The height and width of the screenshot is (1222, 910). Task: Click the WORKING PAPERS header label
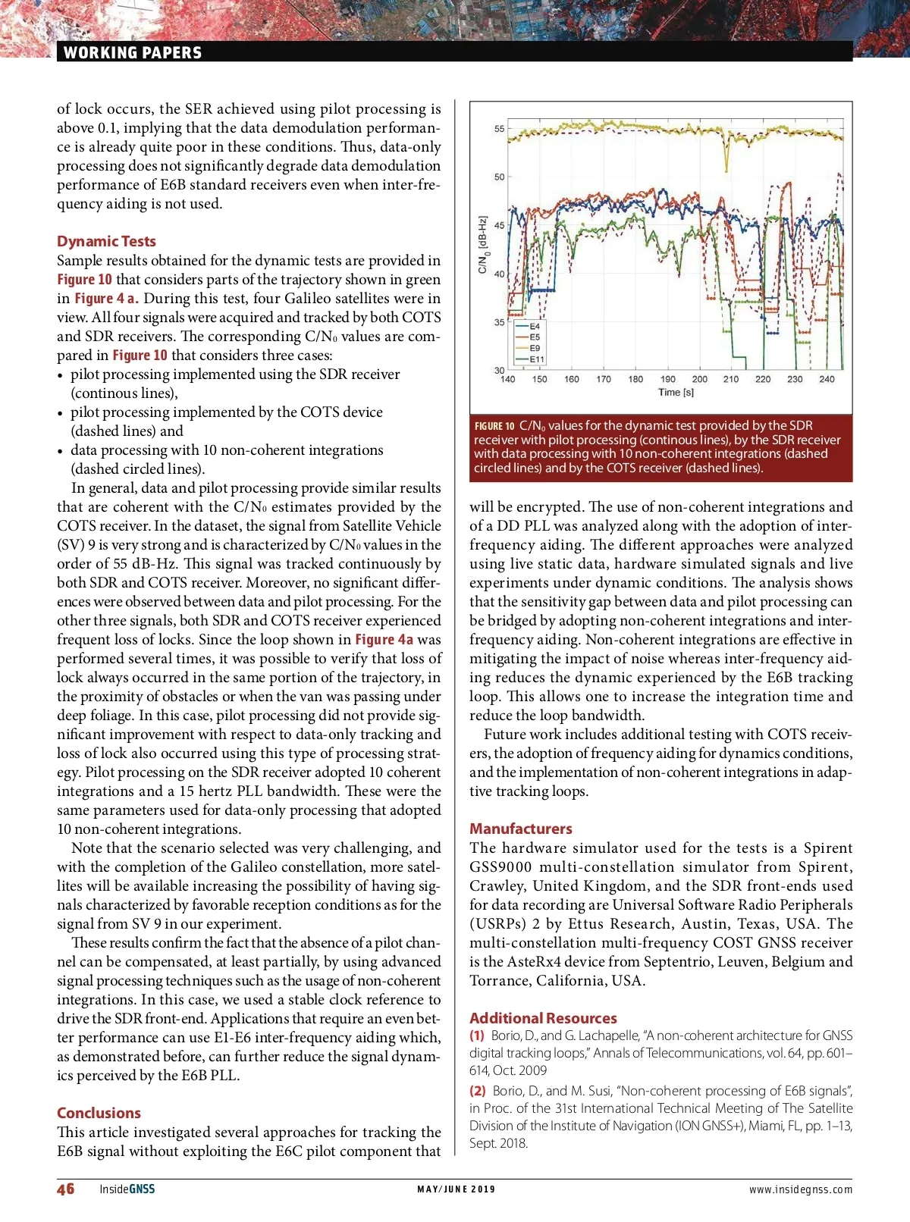(x=133, y=52)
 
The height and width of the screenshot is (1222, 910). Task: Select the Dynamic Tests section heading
(x=106, y=241)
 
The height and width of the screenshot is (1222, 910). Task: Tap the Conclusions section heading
(x=99, y=1113)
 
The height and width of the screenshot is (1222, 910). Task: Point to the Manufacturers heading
(x=520, y=829)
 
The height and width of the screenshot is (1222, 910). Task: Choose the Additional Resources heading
(x=543, y=1018)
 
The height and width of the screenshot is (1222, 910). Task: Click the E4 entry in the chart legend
(x=535, y=327)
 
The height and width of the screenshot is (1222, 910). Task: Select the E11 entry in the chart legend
(x=536, y=359)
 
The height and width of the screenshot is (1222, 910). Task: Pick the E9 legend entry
(x=535, y=349)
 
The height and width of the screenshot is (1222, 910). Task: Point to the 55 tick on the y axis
(x=499, y=129)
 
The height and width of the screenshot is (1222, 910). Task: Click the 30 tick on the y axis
(x=499, y=370)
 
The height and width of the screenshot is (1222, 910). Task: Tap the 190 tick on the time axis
(x=667, y=379)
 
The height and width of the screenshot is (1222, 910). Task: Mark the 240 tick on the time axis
(x=827, y=379)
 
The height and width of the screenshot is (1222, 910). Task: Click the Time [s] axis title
(x=676, y=392)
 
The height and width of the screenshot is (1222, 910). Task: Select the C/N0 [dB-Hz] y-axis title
(x=482, y=245)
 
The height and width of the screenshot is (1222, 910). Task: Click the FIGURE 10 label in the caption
(x=494, y=426)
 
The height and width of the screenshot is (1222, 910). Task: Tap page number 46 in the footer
(x=66, y=1189)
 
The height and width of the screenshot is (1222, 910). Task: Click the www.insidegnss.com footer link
(x=800, y=1189)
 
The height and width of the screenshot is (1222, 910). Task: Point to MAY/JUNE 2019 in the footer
(x=456, y=1189)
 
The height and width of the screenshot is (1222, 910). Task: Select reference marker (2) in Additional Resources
(x=477, y=1091)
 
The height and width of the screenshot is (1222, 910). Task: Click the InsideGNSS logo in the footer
(x=127, y=1189)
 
